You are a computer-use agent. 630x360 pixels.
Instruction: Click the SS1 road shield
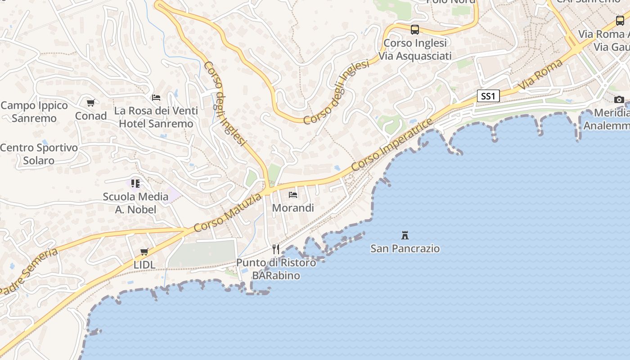click(488, 96)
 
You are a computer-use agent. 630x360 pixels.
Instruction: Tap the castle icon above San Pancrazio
click(405, 235)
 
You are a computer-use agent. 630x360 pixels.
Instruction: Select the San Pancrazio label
click(405, 248)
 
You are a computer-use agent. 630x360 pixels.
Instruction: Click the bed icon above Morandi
click(293, 195)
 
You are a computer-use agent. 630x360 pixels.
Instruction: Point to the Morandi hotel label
click(293, 208)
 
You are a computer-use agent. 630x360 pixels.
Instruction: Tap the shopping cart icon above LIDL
click(144, 252)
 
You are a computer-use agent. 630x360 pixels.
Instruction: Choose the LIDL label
click(144, 265)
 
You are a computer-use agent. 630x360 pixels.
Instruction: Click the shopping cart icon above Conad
click(91, 103)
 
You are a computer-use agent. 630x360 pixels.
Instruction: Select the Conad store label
click(91, 116)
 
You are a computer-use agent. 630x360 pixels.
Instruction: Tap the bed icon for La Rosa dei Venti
click(156, 97)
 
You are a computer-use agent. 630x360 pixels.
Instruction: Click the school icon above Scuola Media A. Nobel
click(135, 183)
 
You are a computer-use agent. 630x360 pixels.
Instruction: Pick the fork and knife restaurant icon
click(276, 249)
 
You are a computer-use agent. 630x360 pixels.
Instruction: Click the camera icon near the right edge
click(619, 99)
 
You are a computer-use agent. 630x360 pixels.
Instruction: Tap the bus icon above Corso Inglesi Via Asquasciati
click(415, 30)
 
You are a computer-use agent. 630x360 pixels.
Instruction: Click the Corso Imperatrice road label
click(392, 144)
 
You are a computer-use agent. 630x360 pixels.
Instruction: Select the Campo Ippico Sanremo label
click(34, 112)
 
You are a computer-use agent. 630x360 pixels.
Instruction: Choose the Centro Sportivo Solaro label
click(39, 154)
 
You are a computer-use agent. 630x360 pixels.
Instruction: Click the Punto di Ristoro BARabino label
click(276, 269)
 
